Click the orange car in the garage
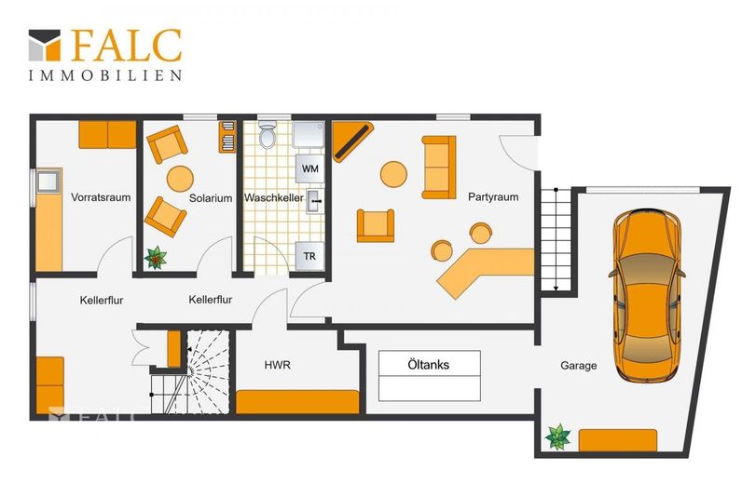(x=647, y=296)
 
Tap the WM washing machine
(x=309, y=168)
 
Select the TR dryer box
(x=309, y=256)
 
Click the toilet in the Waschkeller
(x=268, y=133)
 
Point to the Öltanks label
(x=429, y=365)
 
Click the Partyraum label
(x=493, y=197)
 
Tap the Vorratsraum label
(x=101, y=197)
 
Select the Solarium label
(x=211, y=198)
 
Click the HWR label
(x=278, y=365)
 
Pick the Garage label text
(x=579, y=366)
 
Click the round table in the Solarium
(x=180, y=179)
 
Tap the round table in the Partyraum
(x=394, y=174)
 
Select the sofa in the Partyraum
(x=439, y=168)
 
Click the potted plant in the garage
(x=557, y=437)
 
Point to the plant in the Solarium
(x=156, y=258)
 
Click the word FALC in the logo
(x=127, y=46)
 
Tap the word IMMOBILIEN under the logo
(x=105, y=75)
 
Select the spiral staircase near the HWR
(x=207, y=371)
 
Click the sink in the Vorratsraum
(x=48, y=181)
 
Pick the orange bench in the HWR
(x=298, y=402)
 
